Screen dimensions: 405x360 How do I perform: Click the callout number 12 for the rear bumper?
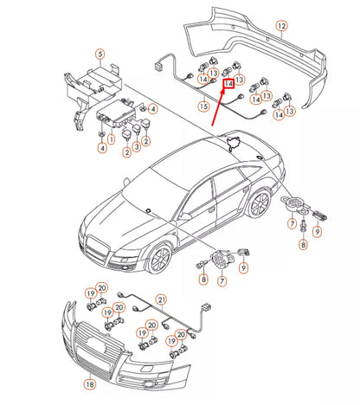280,28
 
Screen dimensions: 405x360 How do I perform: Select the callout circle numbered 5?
100,55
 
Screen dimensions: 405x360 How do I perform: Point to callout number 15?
203,106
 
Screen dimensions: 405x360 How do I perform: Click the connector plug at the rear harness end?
159,62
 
